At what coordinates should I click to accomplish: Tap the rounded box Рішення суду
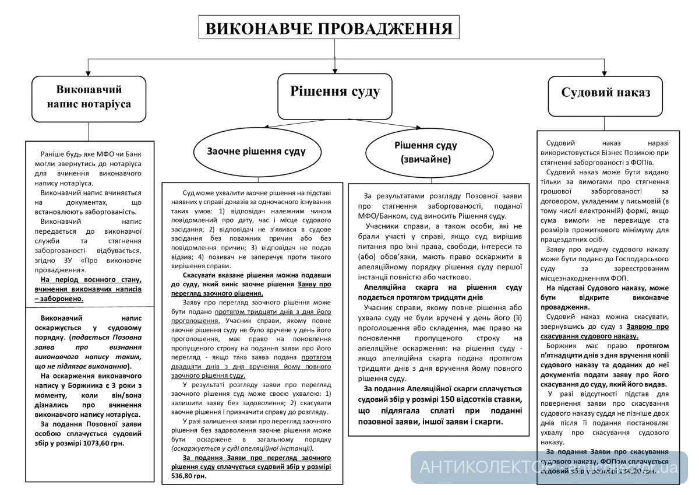(335, 92)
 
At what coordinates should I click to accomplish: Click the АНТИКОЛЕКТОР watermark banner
(548, 467)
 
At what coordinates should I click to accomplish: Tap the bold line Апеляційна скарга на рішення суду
(443, 287)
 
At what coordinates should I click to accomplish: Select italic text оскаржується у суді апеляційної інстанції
(242, 448)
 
